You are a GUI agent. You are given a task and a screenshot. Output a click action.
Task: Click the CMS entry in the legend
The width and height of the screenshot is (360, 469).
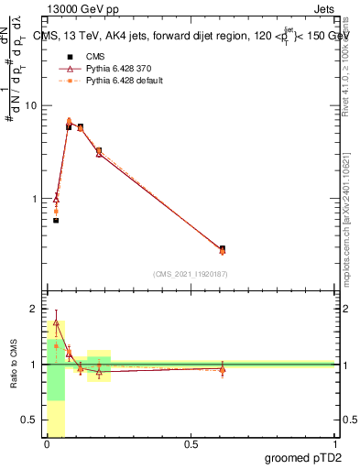(x=95, y=54)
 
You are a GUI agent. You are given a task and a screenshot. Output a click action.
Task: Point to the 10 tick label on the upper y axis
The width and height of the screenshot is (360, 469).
(x=30, y=105)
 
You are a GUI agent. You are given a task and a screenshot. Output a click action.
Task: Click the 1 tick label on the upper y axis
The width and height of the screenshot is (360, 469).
(x=34, y=199)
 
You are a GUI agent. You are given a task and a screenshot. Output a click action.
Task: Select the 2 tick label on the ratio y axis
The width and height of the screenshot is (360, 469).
(x=34, y=310)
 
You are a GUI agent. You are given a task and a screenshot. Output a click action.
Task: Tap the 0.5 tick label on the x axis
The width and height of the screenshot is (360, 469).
(x=191, y=444)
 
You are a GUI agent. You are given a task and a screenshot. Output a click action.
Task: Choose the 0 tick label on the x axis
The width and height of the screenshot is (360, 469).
(x=47, y=444)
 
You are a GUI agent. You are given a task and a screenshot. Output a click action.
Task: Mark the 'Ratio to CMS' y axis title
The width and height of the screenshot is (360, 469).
(x=14, y=365)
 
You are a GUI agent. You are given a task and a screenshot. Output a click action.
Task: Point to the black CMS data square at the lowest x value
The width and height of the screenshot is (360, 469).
(x=56, y=221)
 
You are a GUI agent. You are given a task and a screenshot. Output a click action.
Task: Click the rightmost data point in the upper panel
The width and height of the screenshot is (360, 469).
(x=223, y=249)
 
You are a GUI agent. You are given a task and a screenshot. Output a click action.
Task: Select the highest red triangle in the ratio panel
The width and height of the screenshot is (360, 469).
(x=56, y=322)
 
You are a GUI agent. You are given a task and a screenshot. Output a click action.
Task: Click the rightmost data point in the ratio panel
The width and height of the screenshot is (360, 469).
(x=223, y=368)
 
